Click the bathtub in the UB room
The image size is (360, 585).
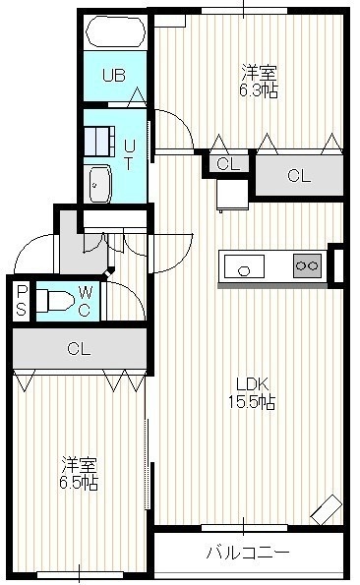(115, 31)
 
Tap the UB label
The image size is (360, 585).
(114, 76)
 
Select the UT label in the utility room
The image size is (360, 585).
(129, 154)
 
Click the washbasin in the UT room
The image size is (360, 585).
(97, 184)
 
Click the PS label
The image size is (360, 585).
(22, 301)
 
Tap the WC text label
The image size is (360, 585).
(85, 302)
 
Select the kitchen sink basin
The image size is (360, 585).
(244, 266)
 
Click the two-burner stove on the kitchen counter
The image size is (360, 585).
(308, 265)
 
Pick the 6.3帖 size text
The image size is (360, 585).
(259, 91)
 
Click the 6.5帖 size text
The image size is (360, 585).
(79, 484)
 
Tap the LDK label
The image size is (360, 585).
(252, 383)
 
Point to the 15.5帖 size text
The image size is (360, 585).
(252, 402)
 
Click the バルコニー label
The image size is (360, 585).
(248, 552)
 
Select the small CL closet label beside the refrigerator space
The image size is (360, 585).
(228, 164)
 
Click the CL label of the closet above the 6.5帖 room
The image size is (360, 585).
(79, 349)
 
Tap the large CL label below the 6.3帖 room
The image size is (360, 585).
(299, 176)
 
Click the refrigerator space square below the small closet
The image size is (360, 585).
(233, 196)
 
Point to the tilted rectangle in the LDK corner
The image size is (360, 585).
(327, 509)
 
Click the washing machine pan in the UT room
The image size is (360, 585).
(99, 142)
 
